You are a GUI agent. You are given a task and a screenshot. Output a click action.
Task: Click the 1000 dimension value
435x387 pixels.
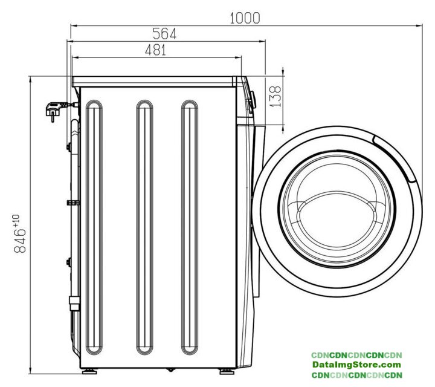tap(245, 18)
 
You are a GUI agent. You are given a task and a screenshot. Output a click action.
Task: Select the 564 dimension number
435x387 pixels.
tap(164, 34)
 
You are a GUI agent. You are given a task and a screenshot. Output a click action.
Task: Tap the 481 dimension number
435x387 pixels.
tap(155, 50)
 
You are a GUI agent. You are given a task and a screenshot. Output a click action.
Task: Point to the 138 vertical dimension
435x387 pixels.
tap(275, 96)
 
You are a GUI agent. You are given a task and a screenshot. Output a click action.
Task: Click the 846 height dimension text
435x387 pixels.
tap(20, 241)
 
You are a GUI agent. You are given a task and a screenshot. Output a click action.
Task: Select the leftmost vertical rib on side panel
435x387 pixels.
tap(94, 227)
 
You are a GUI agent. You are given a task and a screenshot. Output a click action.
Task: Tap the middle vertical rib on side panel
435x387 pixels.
tap(144, 227)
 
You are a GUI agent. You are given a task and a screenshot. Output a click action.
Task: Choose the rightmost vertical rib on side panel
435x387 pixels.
tap(190, 227)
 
